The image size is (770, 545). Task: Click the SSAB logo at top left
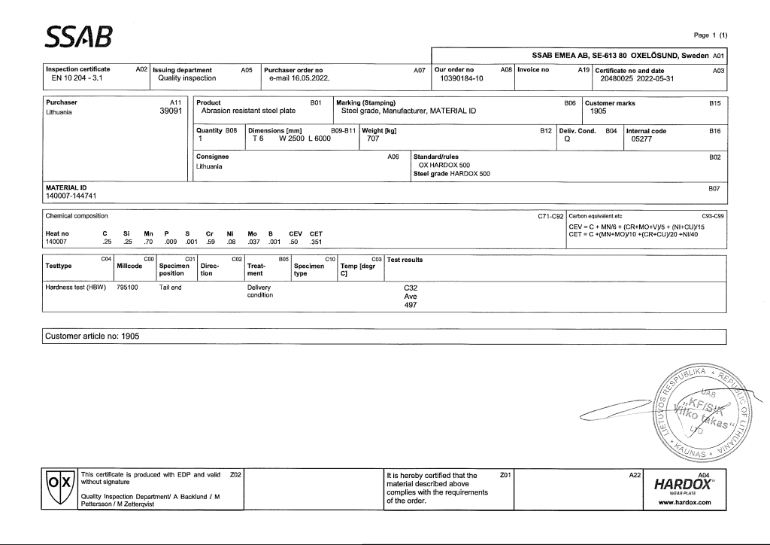point(79,35)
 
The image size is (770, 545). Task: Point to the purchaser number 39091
point(171,111)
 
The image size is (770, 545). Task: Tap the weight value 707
point(372,139)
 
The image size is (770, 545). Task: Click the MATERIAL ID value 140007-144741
point(71,196)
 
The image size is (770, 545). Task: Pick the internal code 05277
point(641,139)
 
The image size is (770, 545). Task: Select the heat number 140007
point(57,242)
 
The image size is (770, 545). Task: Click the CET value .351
point(316,242)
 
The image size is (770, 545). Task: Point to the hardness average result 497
point(411,306)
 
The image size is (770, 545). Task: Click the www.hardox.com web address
point(684,503)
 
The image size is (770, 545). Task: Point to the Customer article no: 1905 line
point(92,336)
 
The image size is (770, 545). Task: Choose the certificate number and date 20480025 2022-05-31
point(637,78)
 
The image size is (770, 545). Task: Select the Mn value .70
point(148,242)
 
